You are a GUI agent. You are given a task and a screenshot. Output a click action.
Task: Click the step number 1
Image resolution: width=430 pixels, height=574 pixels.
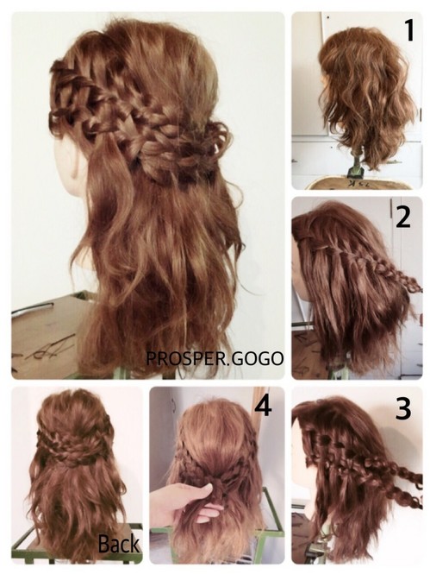pyautogui.click(x=409, y=30)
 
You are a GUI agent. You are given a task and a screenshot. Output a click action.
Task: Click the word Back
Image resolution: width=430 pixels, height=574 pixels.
pyautogui.click(x=119, y=543)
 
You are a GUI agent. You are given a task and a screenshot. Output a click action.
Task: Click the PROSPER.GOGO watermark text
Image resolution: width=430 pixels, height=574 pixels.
pyautogui.click(x=215, y=358)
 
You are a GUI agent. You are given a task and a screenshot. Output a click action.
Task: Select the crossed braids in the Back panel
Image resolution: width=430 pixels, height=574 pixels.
pyautogui.click(x=74, y=445)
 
